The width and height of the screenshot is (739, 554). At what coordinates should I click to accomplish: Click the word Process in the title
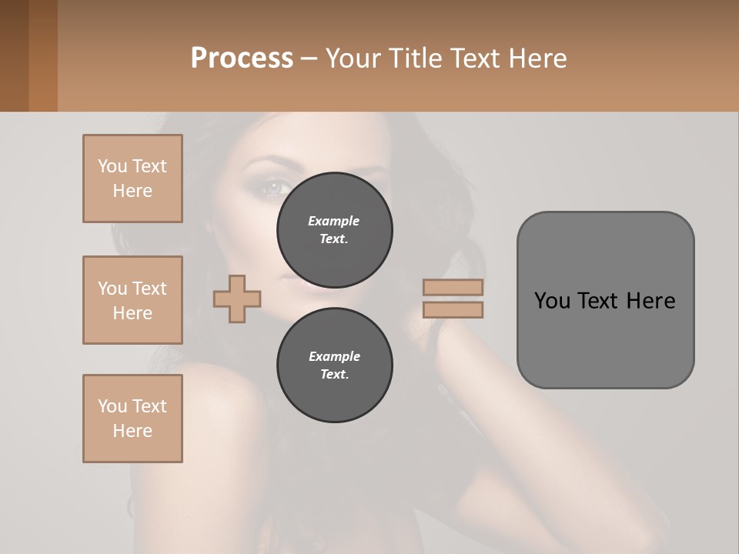pyautogui.click(x=242, y=58)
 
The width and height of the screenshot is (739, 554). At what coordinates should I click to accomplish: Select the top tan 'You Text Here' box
pyautogui.click(x=132, y=179)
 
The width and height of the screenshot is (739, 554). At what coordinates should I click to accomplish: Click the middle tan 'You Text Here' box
pyautogui.click(x=132, y=300)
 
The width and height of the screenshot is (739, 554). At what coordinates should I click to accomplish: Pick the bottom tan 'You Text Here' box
pyautogui.click(x=132, y=419)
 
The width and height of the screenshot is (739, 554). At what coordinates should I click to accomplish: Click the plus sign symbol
pyautogui.click(x=237, y=298)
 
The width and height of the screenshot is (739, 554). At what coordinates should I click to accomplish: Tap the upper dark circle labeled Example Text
pyautogui.click(x=334, y=230)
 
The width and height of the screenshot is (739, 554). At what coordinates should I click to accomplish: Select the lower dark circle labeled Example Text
pyautogui.click(x=334, y=365)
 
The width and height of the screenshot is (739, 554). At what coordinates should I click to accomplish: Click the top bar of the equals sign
pyautogui.click(x=453, y=287)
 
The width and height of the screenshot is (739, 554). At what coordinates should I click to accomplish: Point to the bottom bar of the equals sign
pyautogui.click(x=453, y=309)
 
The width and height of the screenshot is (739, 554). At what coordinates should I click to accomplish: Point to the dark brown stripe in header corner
pyautogui.click(x=14, y=55)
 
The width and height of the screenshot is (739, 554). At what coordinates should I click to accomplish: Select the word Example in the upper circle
pyautogui.click(x=334, y=221)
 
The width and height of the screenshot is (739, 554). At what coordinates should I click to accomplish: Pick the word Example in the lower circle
pyautogui.click(x=334, y=356)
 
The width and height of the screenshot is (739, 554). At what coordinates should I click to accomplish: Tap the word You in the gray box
pyautogui.click(x=551, y=300)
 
